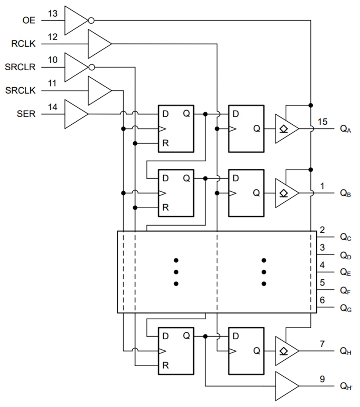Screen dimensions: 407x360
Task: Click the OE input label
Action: click(29, 20)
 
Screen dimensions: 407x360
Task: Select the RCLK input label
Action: click(24, 44)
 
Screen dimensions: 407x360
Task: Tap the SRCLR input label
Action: click(21, 67)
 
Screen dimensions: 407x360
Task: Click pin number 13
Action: click(53, 14)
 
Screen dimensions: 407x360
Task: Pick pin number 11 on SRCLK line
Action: click(53, 84)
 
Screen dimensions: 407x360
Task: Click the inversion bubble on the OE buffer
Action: click(91, 20)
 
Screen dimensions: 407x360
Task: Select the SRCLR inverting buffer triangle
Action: click(75, 67)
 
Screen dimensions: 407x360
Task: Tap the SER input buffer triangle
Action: click(75, 114)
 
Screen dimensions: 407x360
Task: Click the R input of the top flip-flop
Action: click(166, 143)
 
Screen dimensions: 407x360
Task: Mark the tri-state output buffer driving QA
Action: click(286, 129)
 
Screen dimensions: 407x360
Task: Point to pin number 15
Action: click(323, 121)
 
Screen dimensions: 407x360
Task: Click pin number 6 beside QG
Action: click(322, 300)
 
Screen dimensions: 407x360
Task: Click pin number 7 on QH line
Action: click(322, 344)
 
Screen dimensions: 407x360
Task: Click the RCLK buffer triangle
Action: click(99, 44)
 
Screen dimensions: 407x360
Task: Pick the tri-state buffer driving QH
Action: click(286, 351)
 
